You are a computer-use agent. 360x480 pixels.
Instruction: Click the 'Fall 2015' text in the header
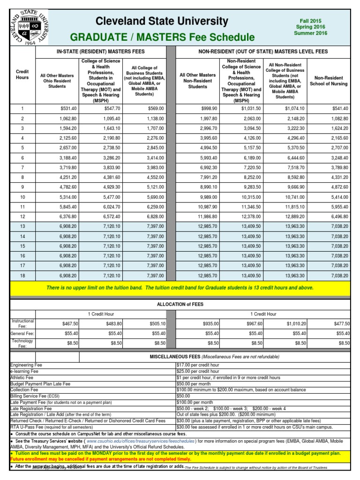[x=309, y=21]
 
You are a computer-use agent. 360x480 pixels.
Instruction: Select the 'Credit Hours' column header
[x=22, y=74]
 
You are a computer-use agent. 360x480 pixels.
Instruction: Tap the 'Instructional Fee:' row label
[x=22, y=323]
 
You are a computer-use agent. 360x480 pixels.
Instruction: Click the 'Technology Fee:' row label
[x=22, y=343]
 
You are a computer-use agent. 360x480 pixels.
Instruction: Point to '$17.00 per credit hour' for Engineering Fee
[x=199, y=365]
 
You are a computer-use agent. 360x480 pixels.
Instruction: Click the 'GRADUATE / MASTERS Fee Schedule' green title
[x=162, y=37]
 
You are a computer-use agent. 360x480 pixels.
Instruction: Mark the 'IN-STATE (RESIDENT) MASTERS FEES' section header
[x=100, y=51]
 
